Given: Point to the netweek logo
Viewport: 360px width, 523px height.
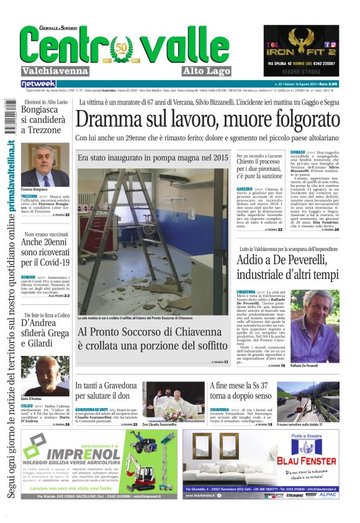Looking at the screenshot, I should click(38, 83).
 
